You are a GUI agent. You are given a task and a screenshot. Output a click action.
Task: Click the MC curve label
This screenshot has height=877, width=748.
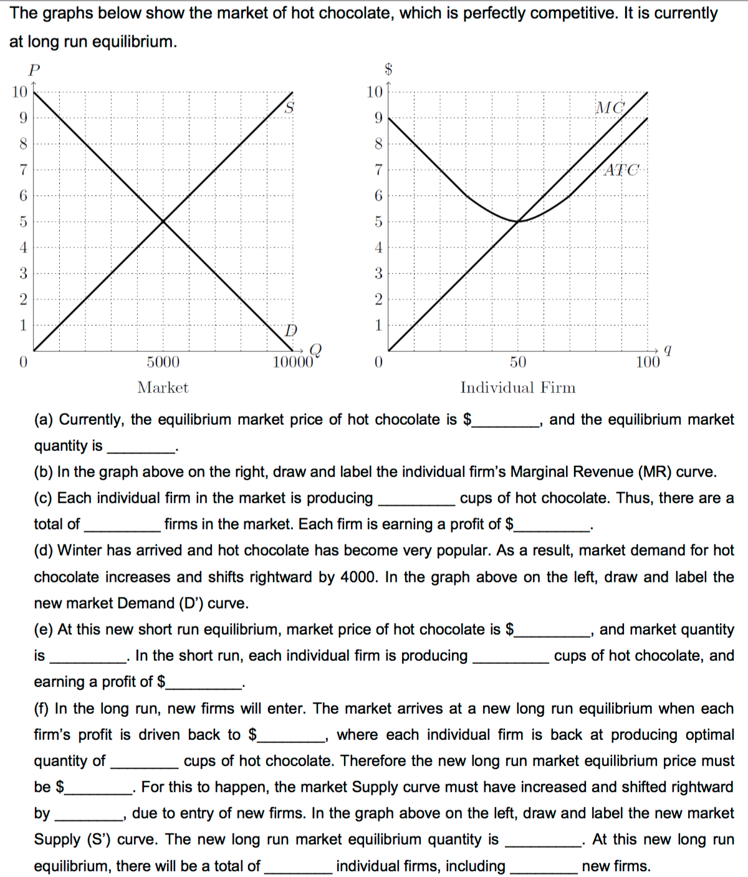pyautogui.click(x=610, y=108)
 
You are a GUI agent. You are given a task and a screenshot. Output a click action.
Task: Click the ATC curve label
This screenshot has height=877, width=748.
pyautogui.click(x=621, y=169)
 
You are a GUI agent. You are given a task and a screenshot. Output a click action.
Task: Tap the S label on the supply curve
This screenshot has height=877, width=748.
pyautogui.click(x=289, y=108)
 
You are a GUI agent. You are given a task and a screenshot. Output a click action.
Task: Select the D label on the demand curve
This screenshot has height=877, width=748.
pyautogui.click(x=290, y=330)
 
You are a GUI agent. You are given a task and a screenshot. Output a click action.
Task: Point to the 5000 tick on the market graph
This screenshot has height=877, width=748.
pyautogui.click(x=163, y=362)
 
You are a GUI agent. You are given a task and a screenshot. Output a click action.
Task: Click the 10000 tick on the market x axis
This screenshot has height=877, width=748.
pyautogui.click(x=292, y=362)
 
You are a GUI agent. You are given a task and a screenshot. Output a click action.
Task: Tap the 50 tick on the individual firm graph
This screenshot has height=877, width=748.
pyautogui.click(x=518, y=362)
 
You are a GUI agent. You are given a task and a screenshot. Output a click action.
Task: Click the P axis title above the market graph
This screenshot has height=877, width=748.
pyautogui.click(x=34, y=70)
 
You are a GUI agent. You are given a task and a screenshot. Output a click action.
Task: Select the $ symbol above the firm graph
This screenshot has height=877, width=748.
pyautogui.click(x=388, y=69)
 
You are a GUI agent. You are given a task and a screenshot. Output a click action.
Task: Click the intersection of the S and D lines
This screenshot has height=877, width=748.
pyautogui.click(x=163, y=221)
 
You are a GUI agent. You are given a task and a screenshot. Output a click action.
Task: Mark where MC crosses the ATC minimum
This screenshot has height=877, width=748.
pyautogui.click(x=518, y=221)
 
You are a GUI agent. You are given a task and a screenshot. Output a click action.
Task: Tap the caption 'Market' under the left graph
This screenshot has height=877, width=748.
pyautogui.click(x=163, y=387)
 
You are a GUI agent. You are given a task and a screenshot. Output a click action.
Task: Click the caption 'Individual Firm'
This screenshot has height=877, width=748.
pyautogui.click(x=518, y=387)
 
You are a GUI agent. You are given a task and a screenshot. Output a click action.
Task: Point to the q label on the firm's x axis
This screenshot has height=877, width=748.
pyautogui.click(x=668, y=350)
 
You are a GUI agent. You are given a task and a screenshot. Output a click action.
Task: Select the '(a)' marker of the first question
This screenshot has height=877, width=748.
pyautogui.click(x=44, y=420)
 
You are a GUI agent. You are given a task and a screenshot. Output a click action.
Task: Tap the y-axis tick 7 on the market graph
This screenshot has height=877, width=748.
pyautogui.click(x=23, y=169)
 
